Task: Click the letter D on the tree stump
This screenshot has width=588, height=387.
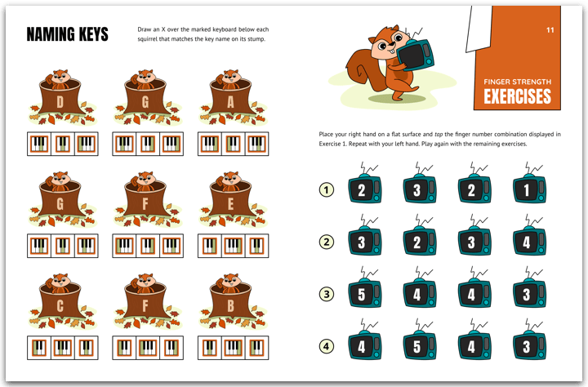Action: (60, 101)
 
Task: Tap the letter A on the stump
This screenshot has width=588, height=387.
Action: (230, 101)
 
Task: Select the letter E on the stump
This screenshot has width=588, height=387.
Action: (230, 203)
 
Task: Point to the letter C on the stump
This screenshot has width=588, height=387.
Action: (60, 306)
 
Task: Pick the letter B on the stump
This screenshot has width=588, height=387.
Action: (230, 306)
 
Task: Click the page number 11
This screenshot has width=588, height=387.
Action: (550, 30)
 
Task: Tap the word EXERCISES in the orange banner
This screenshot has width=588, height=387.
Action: (517, 96)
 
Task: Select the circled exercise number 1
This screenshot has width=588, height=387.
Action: (326, 189)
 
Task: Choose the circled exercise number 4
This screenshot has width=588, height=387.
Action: (326, 346)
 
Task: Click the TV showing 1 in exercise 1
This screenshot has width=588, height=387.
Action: (529, 186)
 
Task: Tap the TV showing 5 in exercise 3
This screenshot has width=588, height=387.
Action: (365, 291)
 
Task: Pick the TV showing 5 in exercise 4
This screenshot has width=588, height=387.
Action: (420, 342)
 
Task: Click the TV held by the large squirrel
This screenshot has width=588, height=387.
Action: (415, 55)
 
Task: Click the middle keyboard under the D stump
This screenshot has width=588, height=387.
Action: (63, 144)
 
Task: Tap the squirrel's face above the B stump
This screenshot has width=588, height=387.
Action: (230, 281)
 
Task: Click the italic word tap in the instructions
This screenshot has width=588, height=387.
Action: (439, 134)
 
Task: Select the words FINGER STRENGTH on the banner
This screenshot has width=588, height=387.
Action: (517, 82)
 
